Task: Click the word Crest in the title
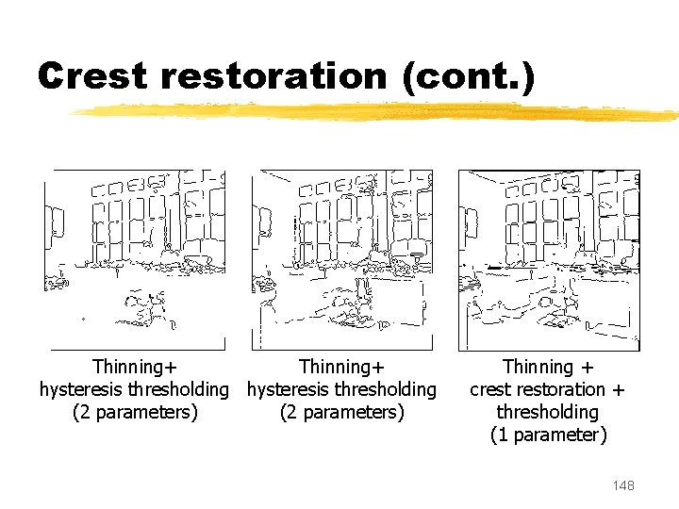(x=92, y=75)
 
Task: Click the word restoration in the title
(x=273, y=75)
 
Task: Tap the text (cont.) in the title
(x=469, y=76)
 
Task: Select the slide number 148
(x=623, y=485)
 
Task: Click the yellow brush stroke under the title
(x=373, y=112)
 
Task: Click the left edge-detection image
(x=135, y=260)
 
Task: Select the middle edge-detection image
(x=342, y=260)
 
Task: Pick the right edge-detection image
(x=549, y=260)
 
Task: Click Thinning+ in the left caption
(x=135, y=367)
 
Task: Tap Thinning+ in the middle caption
(x=341, y=367)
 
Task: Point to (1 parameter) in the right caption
(x=549, y=435)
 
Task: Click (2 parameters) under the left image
(x=135, y=412)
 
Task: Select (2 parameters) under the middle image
(x=342, y=412)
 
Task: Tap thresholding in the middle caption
(x=386, y=389)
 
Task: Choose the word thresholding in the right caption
(x=547, y=412)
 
